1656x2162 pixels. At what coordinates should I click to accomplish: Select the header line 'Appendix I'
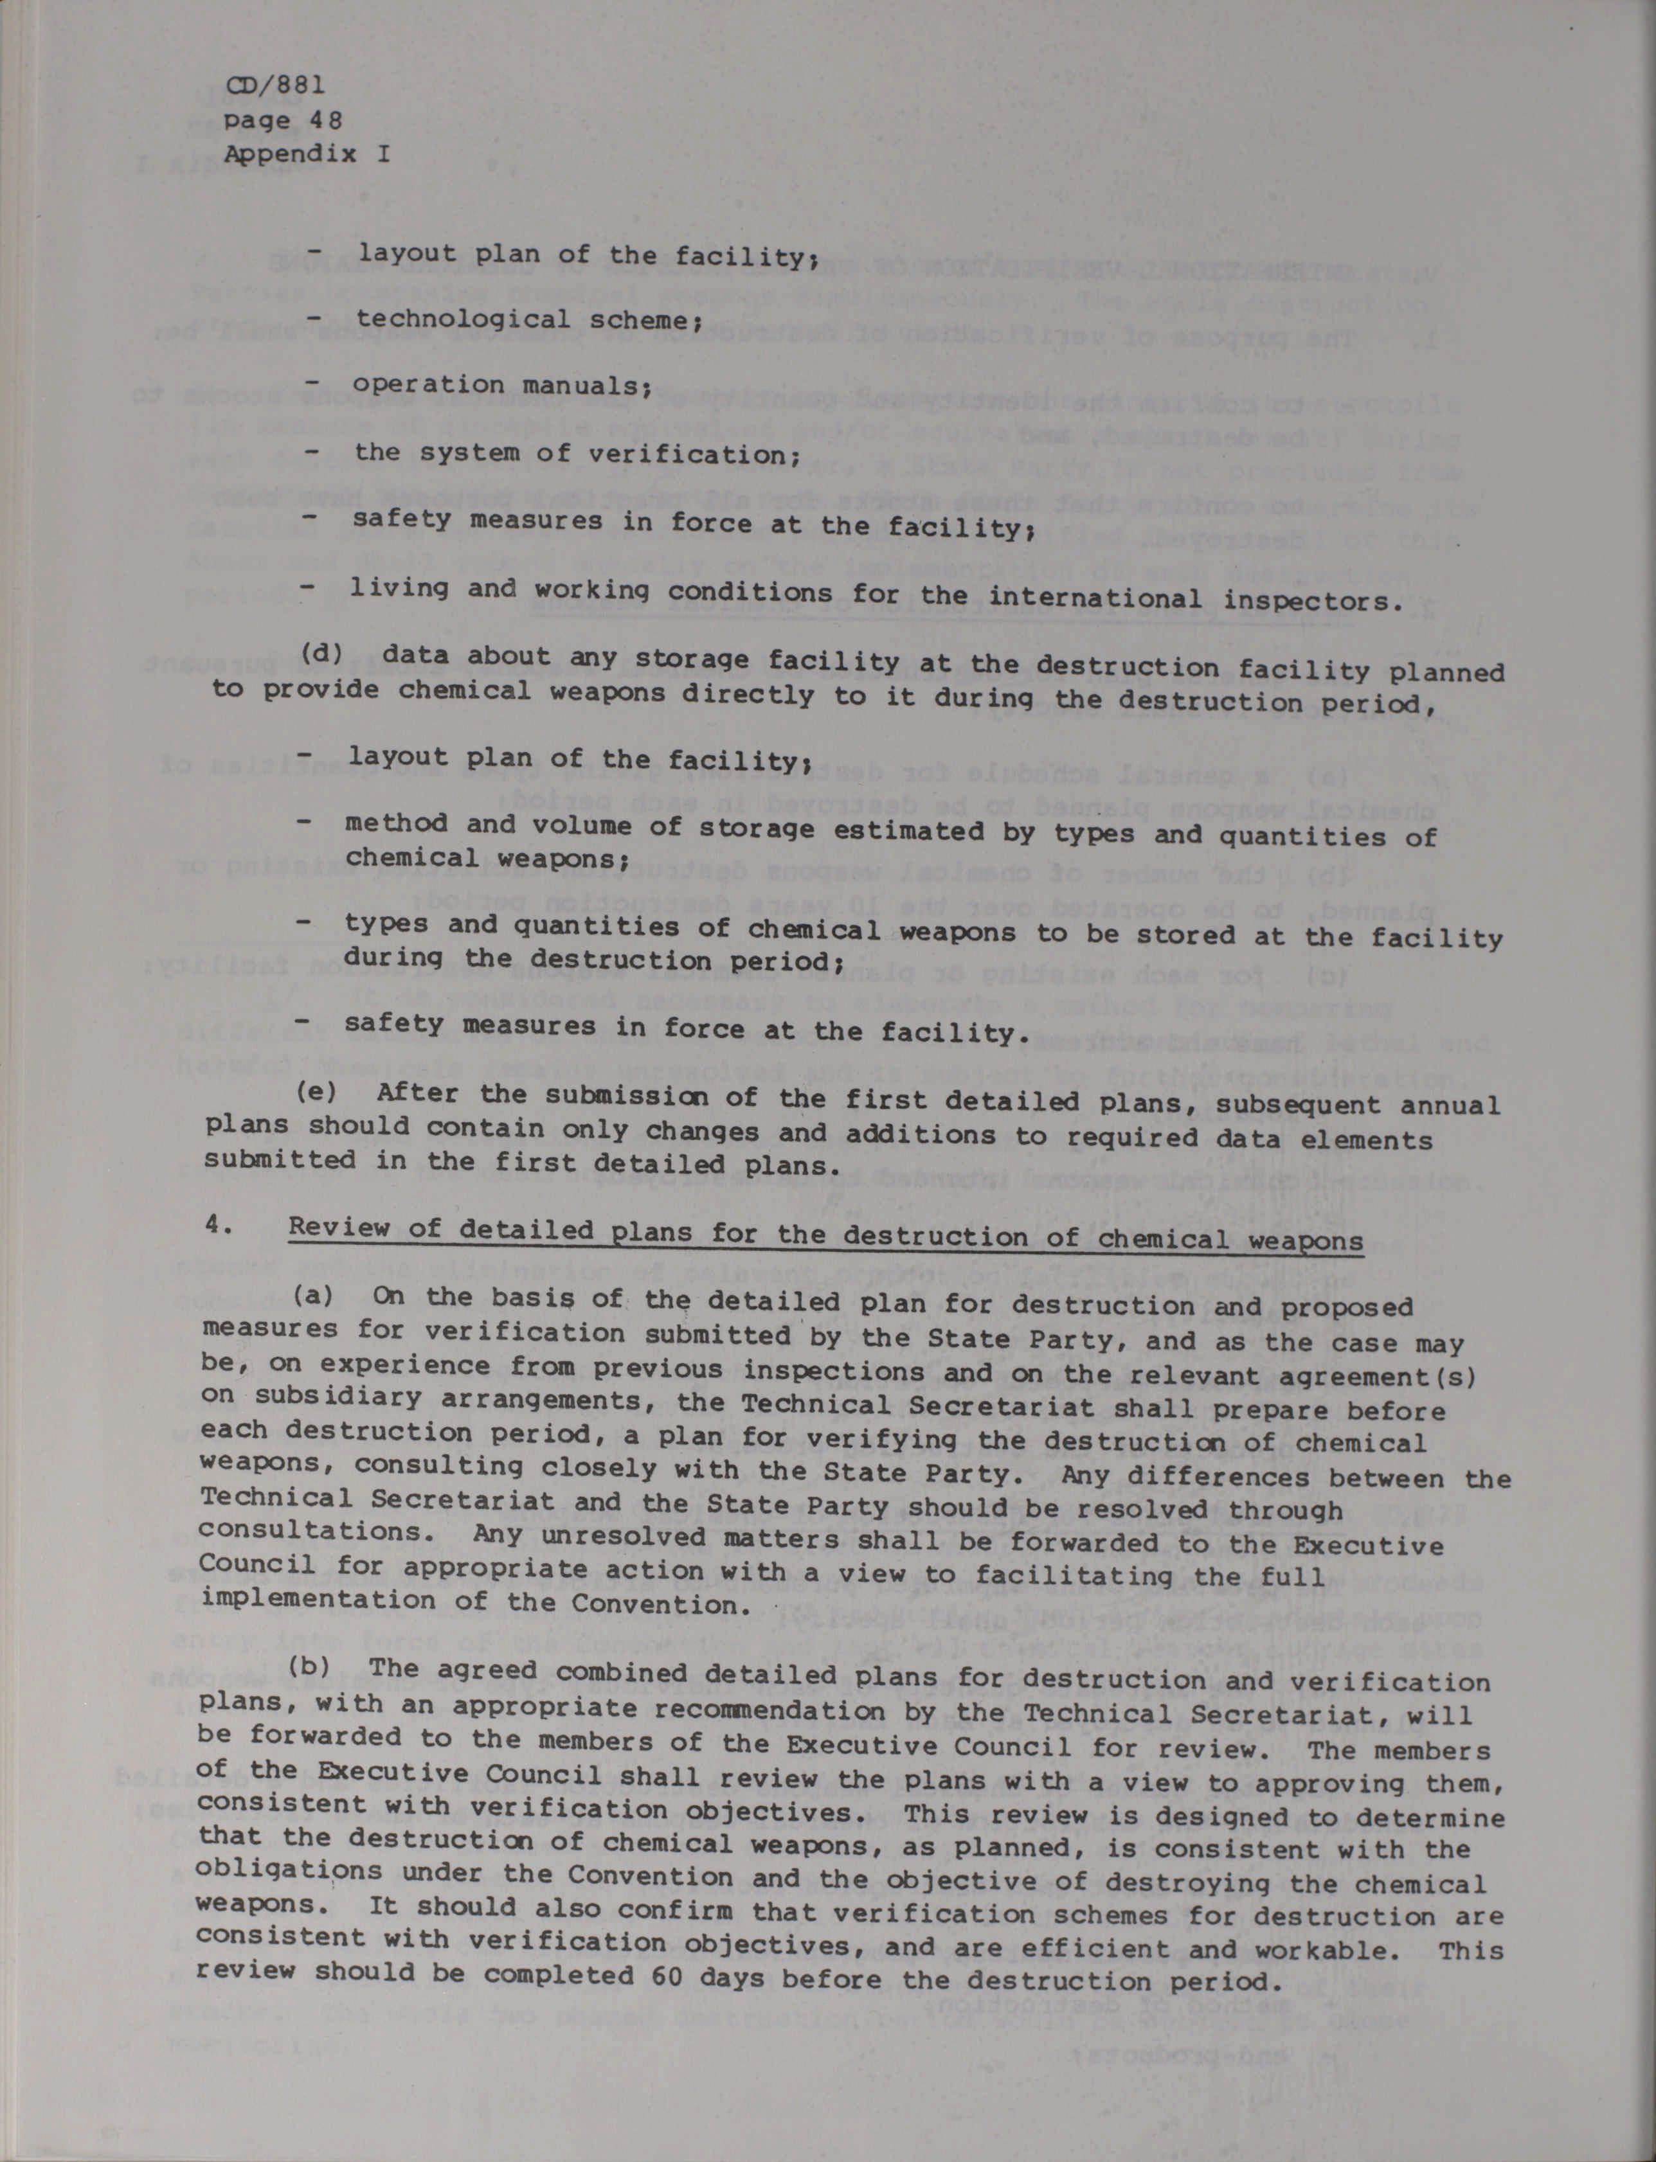307,155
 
